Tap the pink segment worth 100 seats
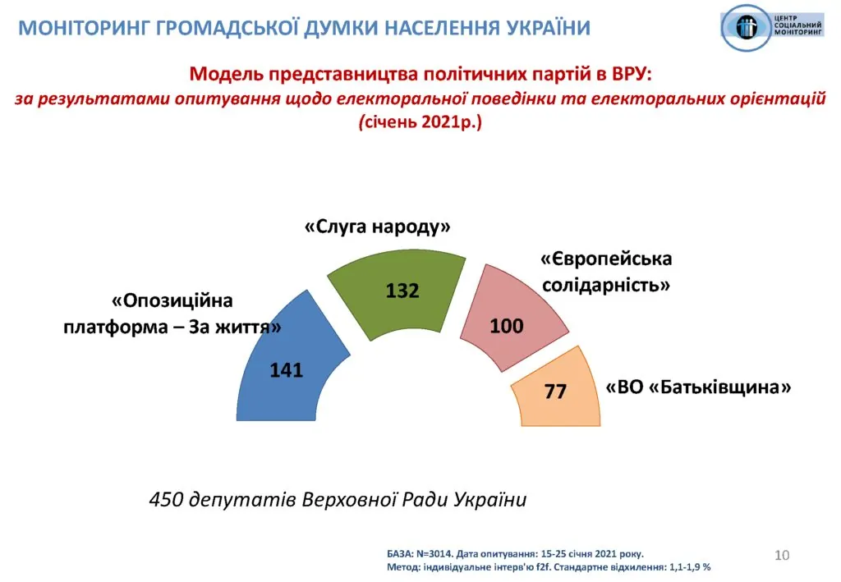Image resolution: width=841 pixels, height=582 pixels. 509,316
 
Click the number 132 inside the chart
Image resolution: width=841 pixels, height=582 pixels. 403,291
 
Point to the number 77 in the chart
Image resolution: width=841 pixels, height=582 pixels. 556,392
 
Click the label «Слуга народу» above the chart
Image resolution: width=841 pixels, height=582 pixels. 378,227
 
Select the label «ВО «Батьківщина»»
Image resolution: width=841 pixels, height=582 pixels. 698,387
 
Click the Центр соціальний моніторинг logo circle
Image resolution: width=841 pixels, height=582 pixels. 748,27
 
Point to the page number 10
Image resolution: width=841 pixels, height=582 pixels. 782,556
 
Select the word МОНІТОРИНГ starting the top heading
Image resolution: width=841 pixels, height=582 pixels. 83,28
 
